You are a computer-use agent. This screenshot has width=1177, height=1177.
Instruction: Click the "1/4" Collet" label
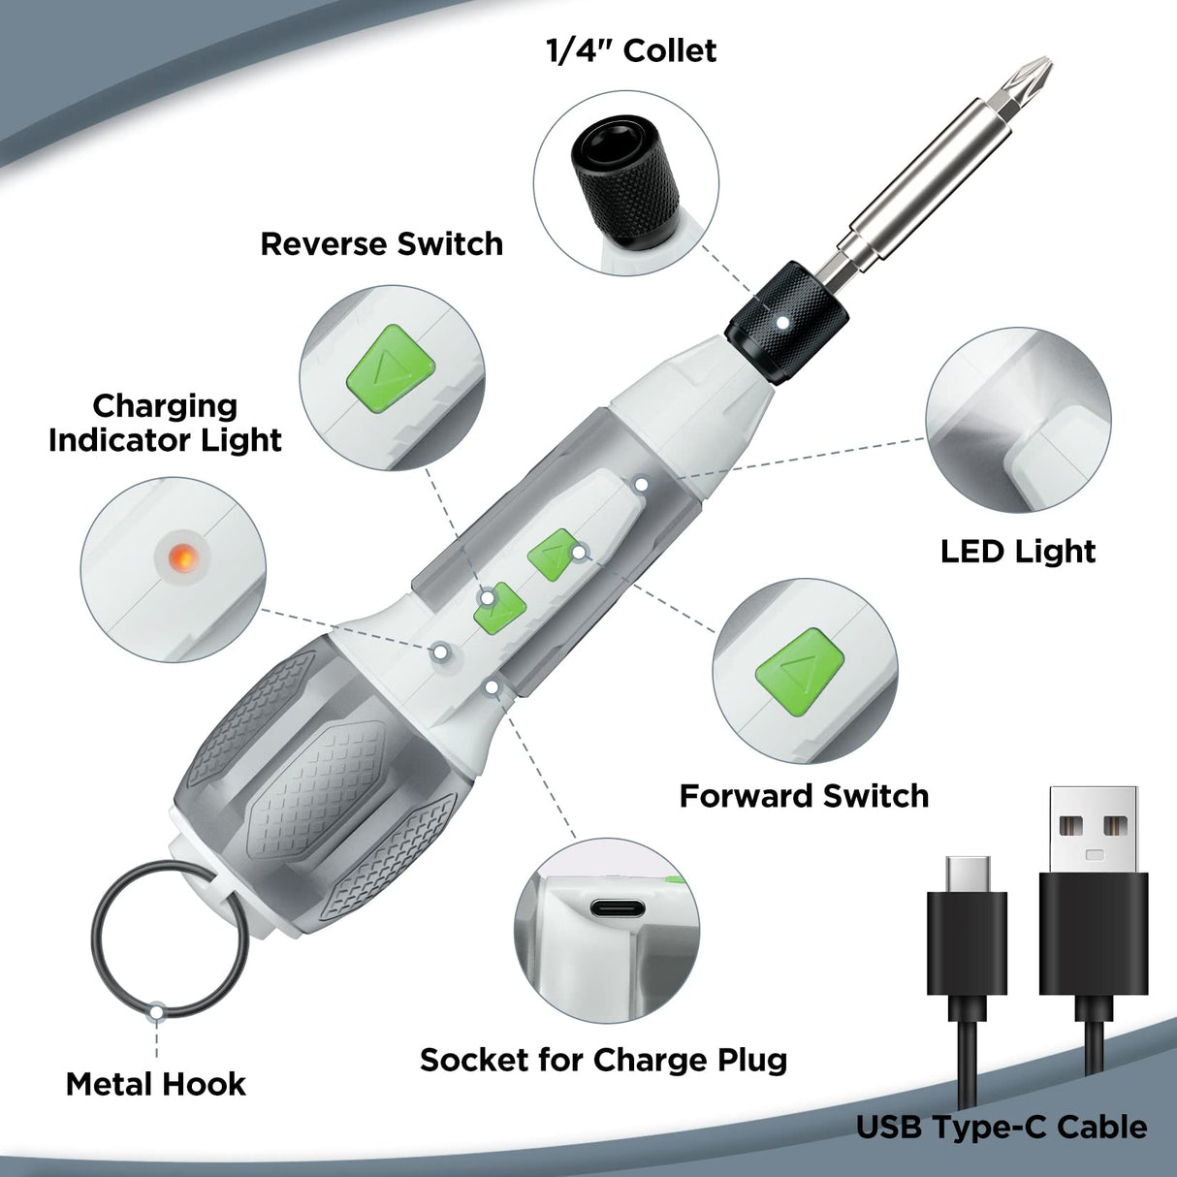coord(631,51)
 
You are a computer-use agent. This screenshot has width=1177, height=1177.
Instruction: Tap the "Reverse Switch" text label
coord(382,243)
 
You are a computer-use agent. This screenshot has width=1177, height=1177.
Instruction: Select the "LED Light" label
coord(1018,552)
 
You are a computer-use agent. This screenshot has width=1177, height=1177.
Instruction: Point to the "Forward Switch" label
coord(804,796)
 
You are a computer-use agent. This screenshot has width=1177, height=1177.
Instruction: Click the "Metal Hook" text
coord(156,1084)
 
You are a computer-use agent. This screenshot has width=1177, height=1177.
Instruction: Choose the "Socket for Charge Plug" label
coord(603,1060)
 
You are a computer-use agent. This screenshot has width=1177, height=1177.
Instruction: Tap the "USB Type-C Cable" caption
coord(1002,1128)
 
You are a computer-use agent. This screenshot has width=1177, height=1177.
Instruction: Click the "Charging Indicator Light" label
coord(166,423)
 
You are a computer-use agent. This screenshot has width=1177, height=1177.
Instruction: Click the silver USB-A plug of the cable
coord(1094,829)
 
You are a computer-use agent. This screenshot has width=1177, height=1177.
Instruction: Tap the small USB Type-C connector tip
coord(968,873)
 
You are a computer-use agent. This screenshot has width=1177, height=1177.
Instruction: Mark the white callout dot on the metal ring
coord(156,1011)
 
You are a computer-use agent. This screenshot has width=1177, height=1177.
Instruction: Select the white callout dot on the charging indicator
coord(440,652)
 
